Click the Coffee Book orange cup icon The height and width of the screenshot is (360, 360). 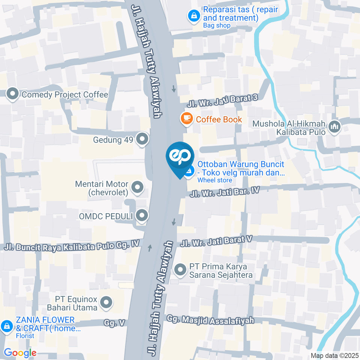186,119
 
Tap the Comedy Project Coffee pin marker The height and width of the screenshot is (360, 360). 13,94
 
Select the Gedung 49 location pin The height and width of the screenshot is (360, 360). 142,139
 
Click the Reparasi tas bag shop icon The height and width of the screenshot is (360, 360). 194,16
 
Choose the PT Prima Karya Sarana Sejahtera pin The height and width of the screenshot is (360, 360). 180,270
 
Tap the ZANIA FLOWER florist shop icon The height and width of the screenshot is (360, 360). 7,326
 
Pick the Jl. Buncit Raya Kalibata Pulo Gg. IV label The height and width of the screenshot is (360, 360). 71,246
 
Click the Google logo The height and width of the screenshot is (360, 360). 20,352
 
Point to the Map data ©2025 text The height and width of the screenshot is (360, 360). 334,355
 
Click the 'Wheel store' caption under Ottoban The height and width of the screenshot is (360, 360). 214,180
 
